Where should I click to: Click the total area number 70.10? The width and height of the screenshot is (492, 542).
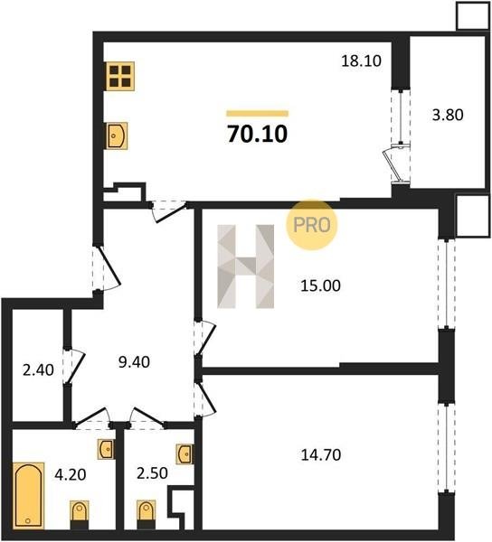pyautogui.click(x=258, y=134)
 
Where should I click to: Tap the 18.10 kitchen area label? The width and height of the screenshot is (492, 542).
pyautogui.click(x=361, y=61)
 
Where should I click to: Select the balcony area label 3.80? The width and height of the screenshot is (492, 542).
pyautogui.click(x=448, y=115)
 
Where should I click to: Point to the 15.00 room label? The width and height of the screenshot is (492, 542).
pyautogui.click(x=320, y=285)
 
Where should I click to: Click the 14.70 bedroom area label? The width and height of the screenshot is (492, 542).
pyautogui.click(x=321, y=455)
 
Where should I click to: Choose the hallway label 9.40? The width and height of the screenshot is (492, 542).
pyautogui.click(x=134, y=362)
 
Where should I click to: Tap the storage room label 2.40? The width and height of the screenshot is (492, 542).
pyautogui.click(x=38, y=370)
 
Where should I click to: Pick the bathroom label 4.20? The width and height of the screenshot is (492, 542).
pyautogui.click(x=71, y=475)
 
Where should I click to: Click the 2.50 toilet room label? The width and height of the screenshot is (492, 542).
pyautogui.click(x=152, y=473)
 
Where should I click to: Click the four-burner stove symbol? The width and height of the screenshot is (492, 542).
pyautogui.click(x=120, y=76)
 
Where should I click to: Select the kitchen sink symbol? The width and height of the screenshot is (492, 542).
pyautogui.click(x=117, y=135)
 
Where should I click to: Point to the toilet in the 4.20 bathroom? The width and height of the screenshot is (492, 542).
pyautogui.click(x=80, y=515)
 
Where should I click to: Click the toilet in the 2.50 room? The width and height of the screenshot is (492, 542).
pyautogui.click(x=146, y=515)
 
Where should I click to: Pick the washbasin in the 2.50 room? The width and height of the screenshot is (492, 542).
pyautogui.click(x=184, y=453)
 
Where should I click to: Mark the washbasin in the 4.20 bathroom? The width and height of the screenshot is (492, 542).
pyautogui.click(x=106, y=449)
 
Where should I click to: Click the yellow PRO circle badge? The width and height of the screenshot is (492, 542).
pyautogui.click(x=312, y=225)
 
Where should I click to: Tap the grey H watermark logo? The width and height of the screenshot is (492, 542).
pyautogui.click(x=246, y=266)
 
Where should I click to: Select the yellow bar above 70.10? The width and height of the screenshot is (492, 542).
pyautogui.click(x=258, y=114)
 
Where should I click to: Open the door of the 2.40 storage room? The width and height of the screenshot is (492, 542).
pyautogui.click(x=74, y=366)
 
